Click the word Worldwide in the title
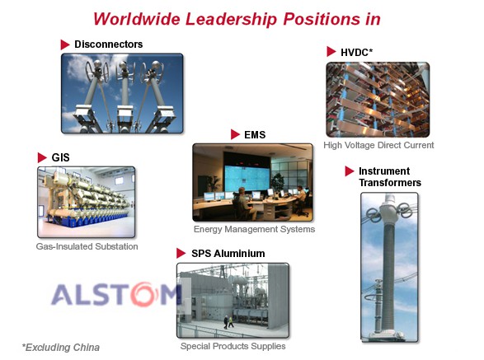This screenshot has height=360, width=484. click(x=137, y=19)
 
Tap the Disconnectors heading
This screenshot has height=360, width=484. click(x=109, y=44)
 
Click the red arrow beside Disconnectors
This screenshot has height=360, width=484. click(x=65, y=44)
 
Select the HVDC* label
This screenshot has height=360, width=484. click(x=356, y=53)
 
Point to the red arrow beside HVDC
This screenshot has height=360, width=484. click(x=331, y=52)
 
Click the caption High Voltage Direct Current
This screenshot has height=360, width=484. click(x=378, y=145)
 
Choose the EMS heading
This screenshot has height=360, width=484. click(x=255, y=135)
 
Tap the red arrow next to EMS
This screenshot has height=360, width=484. click(x=235, y=134)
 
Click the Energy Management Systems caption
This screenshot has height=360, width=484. click(x=254, y=229)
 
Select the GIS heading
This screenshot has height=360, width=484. click(x=60, y=157)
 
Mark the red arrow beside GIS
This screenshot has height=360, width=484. click(x=42, y=157)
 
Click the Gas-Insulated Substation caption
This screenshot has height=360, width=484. click(x=87, y=246)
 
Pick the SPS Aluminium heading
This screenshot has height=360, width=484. click(x=228, y=254)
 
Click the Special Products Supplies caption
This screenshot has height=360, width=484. click(x=233, y=346)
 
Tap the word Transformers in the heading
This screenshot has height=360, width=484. click(x=390, y=183)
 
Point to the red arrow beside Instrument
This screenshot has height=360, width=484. click(x=350, y=171)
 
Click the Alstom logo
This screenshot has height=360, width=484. click(x=116, y=294)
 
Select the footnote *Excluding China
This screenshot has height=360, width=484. click(x=61, y=348)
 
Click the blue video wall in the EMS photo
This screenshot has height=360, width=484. click(x=247, y=178)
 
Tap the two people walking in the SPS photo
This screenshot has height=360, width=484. click(x=228, y=322)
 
